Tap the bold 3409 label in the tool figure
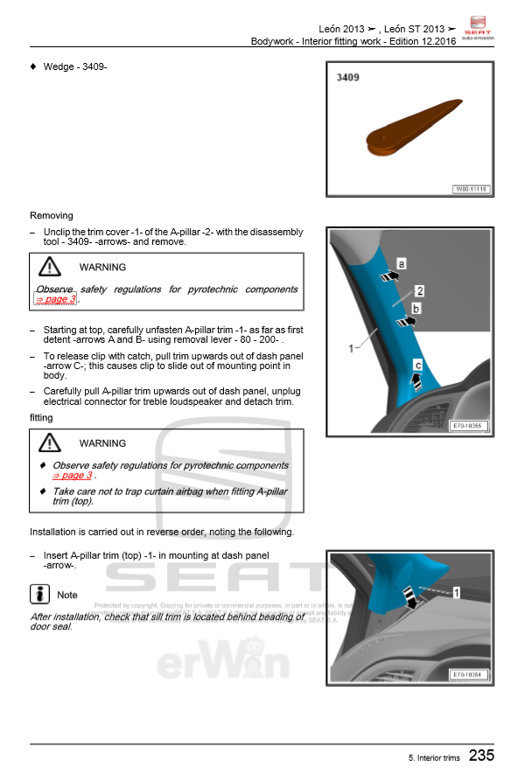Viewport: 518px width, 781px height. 348,78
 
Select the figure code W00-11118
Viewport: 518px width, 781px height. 471,190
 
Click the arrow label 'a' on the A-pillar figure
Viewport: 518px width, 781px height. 402,263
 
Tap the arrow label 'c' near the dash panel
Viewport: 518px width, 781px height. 418,366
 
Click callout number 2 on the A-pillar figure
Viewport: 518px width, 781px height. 420,290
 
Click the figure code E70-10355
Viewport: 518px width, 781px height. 470,427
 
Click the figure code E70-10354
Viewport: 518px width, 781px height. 470,674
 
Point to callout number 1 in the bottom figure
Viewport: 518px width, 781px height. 456,593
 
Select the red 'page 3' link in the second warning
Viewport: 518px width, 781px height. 72,476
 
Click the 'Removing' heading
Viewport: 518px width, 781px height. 52,215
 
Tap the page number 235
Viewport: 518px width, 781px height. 480,755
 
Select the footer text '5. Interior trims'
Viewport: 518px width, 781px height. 432,757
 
